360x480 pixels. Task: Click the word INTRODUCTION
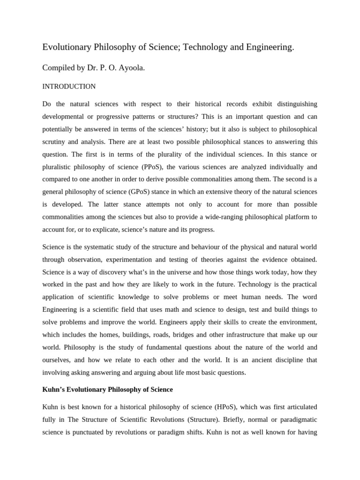tap(69, 87)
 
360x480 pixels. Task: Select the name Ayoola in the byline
tap(132, 68)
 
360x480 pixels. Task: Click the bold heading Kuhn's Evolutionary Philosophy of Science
tap(107, 390)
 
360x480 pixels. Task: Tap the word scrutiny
tap(56, 142)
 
